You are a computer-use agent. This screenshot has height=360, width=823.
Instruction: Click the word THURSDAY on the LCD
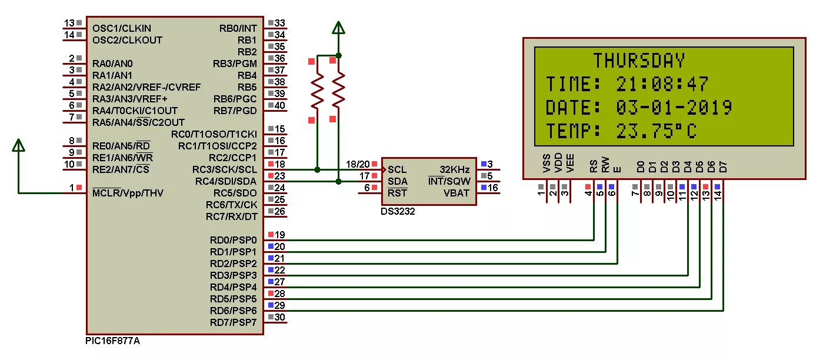point(639,61)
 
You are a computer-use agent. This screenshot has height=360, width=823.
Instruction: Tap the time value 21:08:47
point(662,85)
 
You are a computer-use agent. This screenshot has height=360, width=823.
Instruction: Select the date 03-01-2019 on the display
point(674,108)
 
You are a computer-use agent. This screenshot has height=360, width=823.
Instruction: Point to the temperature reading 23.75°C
point(657,131)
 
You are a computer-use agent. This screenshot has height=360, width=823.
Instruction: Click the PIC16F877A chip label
point(113,341)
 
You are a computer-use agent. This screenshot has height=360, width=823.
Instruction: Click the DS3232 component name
point(398,212)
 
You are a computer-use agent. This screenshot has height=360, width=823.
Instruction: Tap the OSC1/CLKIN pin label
point(122,28)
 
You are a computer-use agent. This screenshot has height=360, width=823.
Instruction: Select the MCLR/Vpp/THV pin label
point(128,193)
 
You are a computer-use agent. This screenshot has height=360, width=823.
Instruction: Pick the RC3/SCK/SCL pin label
point(225,169)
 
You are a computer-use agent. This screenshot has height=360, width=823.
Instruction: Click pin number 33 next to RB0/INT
point(280,24)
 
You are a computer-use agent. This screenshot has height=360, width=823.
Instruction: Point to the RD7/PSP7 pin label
point(234,322)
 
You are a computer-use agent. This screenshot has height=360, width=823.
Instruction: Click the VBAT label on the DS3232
point(457,192)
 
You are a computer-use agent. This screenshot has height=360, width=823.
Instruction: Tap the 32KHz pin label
point(455,169)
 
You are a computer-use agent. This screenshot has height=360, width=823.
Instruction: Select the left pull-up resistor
point(317,91)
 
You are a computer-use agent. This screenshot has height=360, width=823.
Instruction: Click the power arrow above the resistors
point(338,28)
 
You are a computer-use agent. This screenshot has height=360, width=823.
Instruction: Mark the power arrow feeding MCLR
point(19,145)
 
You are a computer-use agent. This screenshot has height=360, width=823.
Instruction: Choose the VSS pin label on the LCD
point(547,163)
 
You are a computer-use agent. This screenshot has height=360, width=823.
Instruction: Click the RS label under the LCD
point(593,167)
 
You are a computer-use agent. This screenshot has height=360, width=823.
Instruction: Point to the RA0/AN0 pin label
point(112,64)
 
